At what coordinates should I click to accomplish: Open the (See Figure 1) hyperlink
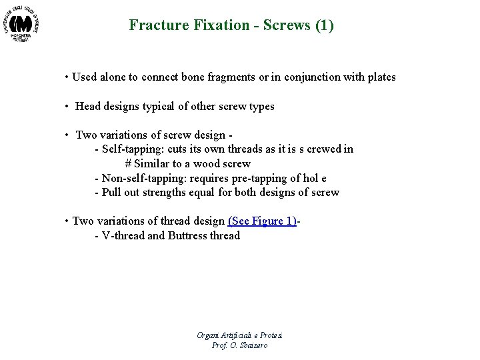pyautogui.click(x=262, y=221)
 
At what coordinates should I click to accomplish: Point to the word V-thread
pyautogui.click(x=123, y=235)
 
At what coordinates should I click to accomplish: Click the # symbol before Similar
pyautogui.click(x=128, y=163)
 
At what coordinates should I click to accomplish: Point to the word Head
pyautogui.click(x=89, y=107)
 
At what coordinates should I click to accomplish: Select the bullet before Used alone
pyautogui.click(x=67, y=77)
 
